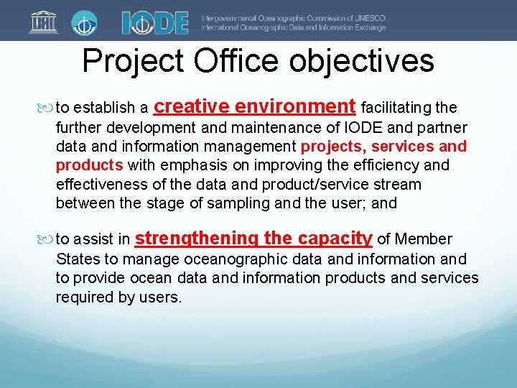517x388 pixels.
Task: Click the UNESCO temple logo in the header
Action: click(x=44, y=22)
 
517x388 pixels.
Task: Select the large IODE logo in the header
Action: click(x=154, y=22)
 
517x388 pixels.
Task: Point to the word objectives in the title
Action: click(x=363, y=61)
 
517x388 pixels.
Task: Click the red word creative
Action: click(x=192, y=107)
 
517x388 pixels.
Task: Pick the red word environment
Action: click(x=295, y=107)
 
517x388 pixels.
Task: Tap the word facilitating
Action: click(x=397, y=108)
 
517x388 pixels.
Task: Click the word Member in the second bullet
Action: click(x=424, y=239)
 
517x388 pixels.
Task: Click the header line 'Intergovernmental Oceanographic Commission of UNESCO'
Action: click(x=293, y=17)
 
